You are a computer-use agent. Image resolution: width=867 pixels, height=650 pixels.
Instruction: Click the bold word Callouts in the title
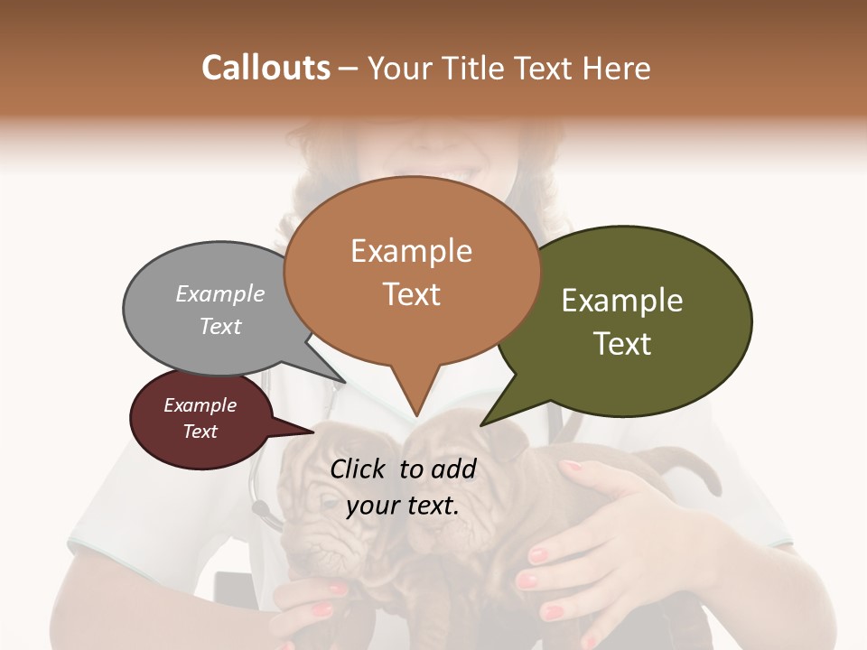coord(266,68)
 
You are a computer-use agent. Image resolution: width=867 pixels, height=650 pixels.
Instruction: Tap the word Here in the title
coord(616,68)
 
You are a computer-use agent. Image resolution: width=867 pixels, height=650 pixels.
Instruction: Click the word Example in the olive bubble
coord(622,301)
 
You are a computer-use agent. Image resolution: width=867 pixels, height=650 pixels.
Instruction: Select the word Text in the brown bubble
coord(412,294)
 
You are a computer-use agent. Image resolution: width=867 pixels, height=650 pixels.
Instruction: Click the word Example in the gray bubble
coord(220,293)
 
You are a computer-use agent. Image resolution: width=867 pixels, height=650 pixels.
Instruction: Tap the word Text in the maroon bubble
coord(200,432)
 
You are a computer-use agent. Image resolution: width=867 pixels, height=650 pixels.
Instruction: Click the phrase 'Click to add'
coord(403,469)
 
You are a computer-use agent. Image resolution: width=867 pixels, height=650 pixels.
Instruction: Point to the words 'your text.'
coord(403,505)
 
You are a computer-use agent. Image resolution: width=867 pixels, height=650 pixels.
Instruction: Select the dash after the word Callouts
coord(349,69)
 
